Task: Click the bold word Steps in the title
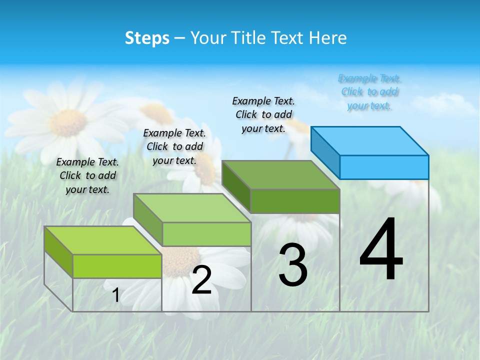pos(146,38)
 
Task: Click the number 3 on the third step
pos(293,265)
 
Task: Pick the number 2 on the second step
pos(201,280)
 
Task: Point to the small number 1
pos(115,295)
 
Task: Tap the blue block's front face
pos(384,167)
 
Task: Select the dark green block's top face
pos(281,175)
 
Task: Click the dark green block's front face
pos(295,201)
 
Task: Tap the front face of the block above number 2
pos(206,234)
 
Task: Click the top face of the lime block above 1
pos(103,240)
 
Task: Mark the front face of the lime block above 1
pos(117,266)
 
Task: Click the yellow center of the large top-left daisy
pos(68,123)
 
